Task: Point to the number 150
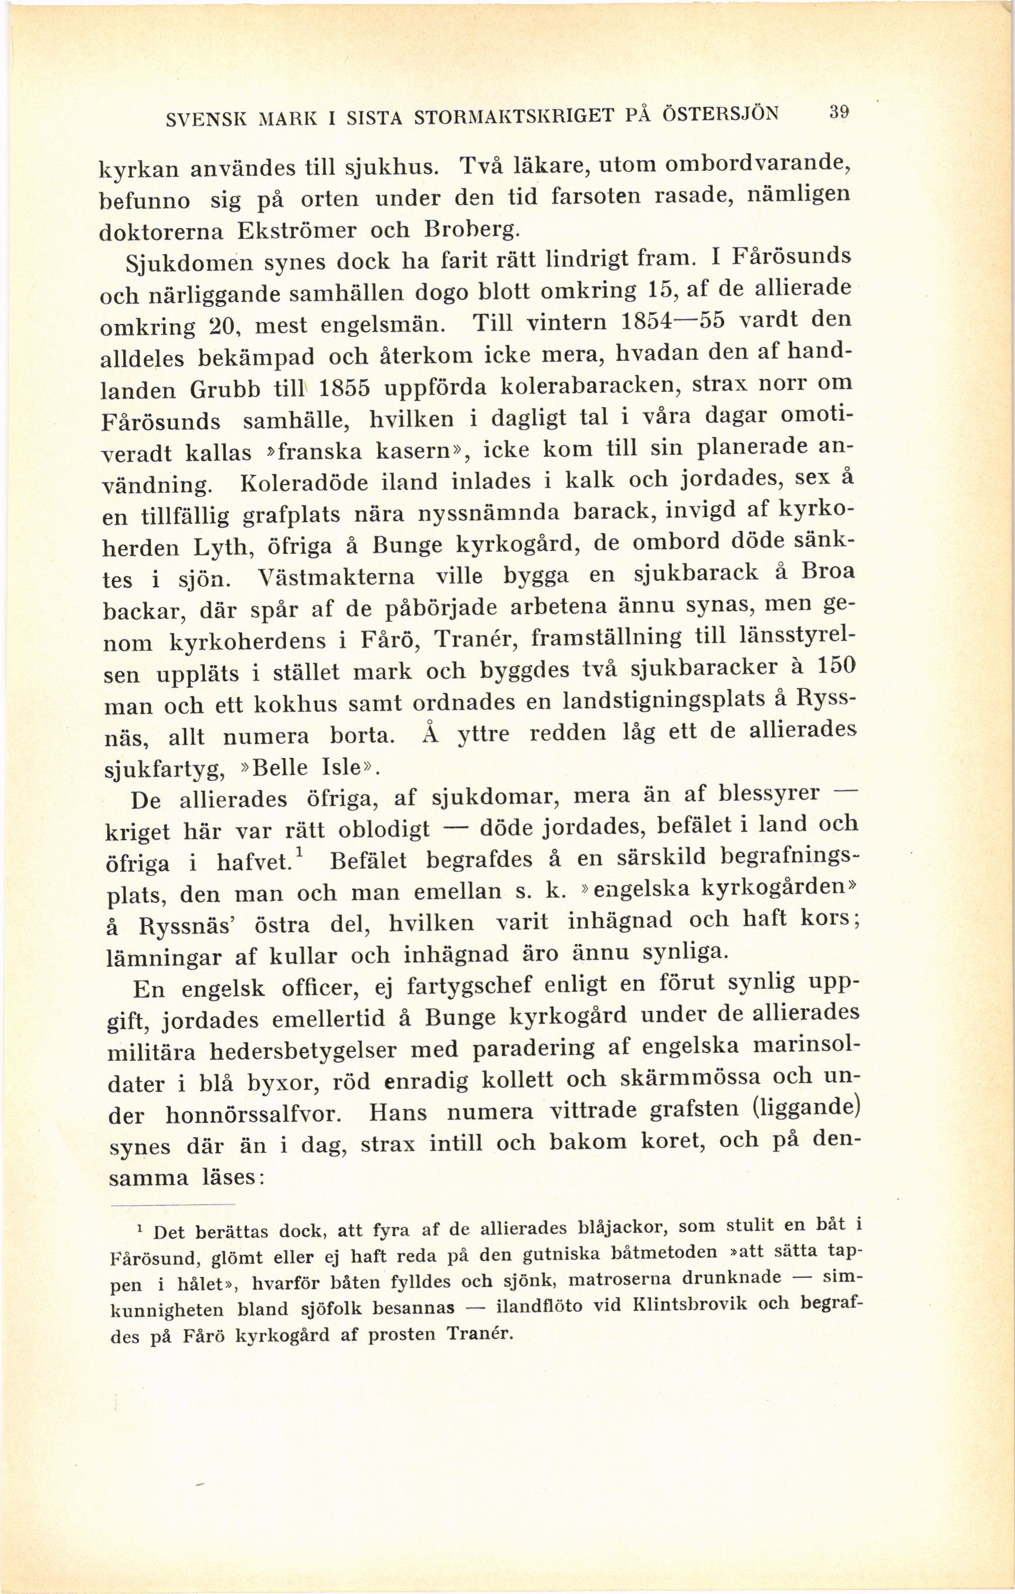(824, 665)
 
